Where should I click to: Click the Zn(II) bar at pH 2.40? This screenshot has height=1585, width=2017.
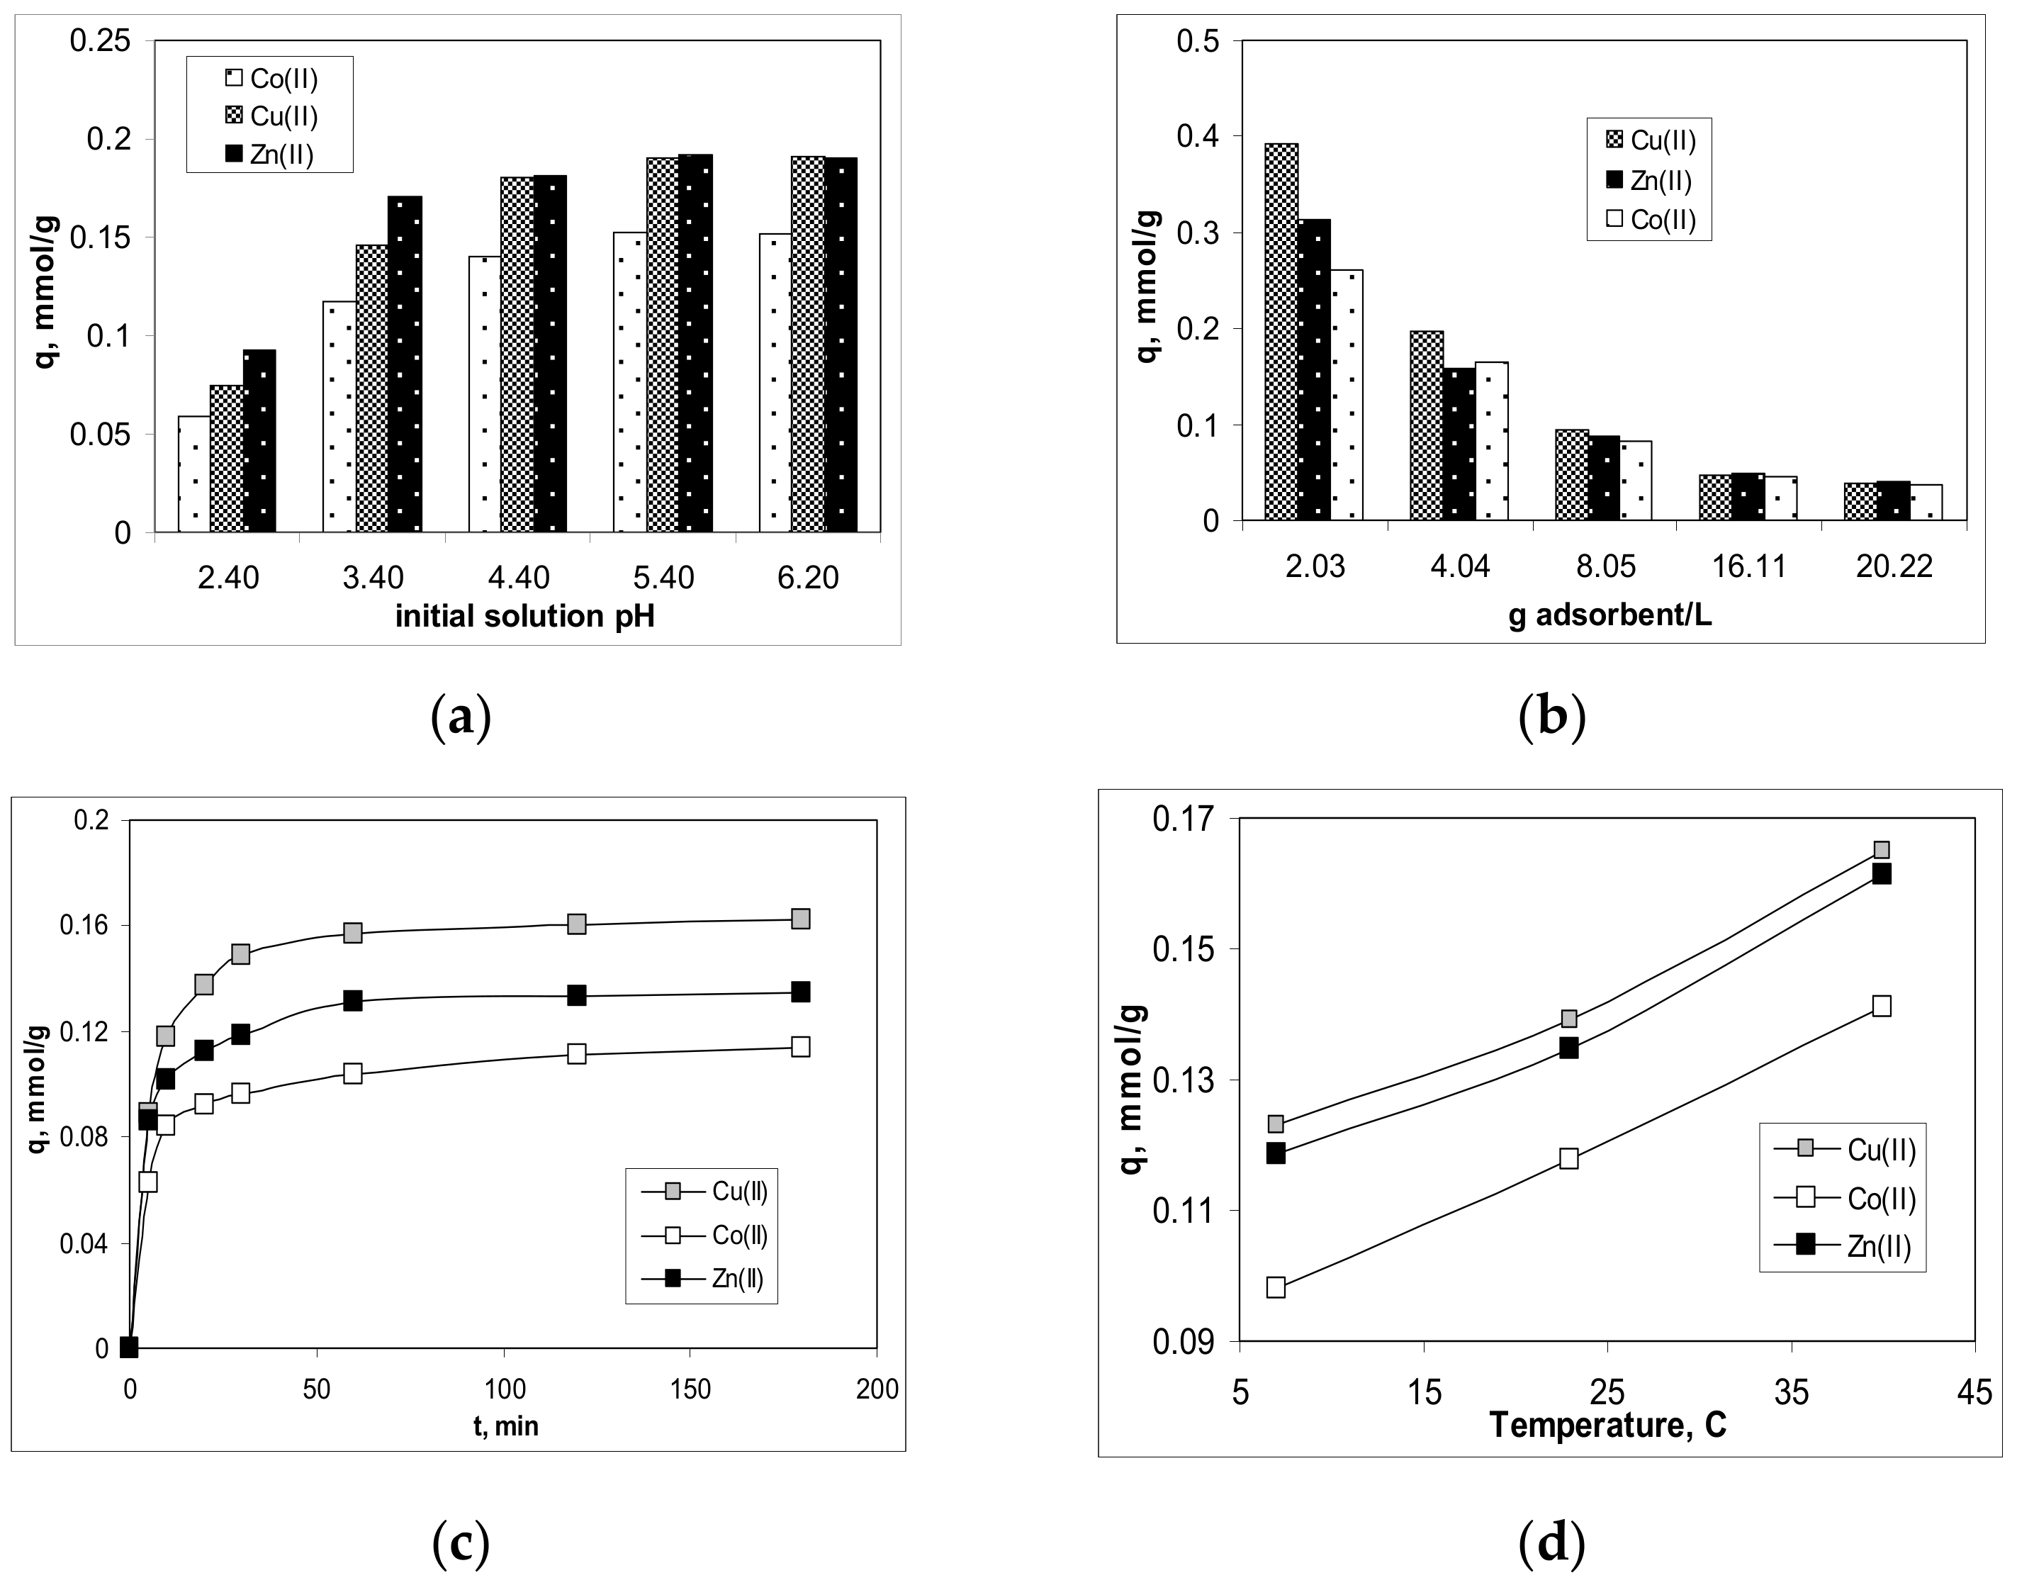tap(260, 442)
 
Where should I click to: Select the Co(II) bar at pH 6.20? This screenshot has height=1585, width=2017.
tap(775, 383)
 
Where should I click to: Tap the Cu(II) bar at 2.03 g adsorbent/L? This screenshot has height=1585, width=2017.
tap(1281, 332)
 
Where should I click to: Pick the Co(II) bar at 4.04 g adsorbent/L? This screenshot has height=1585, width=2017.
tap(1491, 442)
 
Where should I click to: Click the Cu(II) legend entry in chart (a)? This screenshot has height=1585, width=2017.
tap(271, 116)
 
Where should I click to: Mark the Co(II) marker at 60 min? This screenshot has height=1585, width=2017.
tap(352, 1074)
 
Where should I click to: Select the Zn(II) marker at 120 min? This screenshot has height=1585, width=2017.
tap(577, 996)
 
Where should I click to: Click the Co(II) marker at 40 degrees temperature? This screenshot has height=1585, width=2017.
tap(1882, 1006)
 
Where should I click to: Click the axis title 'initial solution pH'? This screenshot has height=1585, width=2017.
tap(525, 616)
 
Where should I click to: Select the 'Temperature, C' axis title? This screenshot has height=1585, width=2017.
tap(1608, 1425)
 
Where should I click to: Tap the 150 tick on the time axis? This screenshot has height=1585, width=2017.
tap(690, 1389)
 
